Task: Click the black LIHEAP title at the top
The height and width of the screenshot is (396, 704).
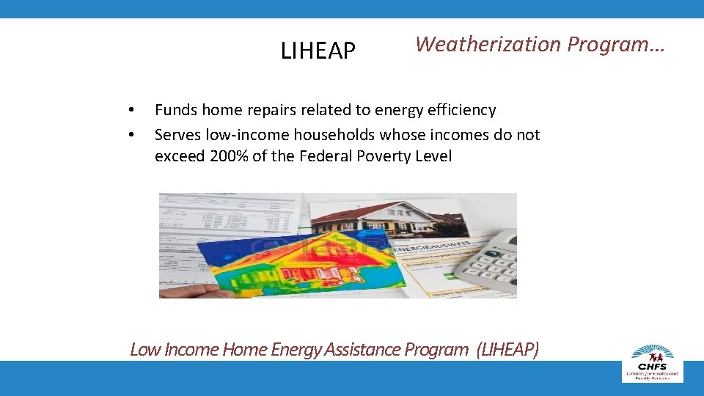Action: point(318,51)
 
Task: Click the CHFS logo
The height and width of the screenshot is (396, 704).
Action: point(652,362)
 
